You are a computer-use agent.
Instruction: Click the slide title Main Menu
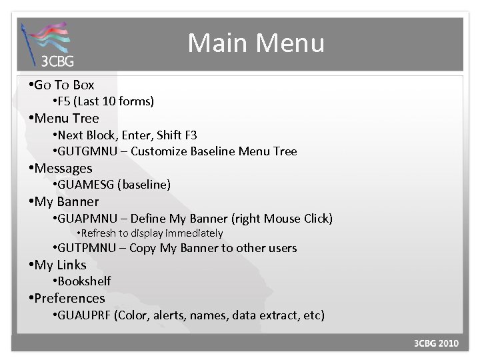[256, 43]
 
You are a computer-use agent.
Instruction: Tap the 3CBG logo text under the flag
[57, 62]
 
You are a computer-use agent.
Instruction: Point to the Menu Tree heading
[66, 118]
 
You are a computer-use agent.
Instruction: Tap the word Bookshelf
[84, 281]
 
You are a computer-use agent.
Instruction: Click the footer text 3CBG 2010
[436, 344]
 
